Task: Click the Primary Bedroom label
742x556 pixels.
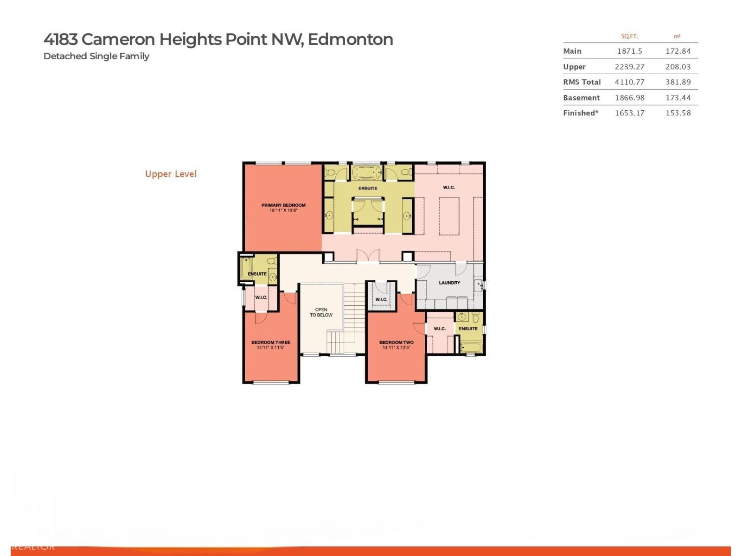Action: [283, 205]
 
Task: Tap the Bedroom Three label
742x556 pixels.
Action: [271, 342]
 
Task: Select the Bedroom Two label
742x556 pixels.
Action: [396, 342]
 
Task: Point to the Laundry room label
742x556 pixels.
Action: [449, 283]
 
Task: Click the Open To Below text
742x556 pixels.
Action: [321, 312]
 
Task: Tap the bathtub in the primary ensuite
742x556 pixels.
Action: [367, 173]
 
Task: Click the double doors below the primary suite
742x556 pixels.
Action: [368, 256]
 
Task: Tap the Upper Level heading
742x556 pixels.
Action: [171, 174]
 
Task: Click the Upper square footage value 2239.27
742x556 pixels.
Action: [629, 67]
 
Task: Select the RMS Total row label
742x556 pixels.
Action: [582, 82]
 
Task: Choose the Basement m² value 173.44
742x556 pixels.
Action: [678, 98]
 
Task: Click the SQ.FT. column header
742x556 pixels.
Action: [629, 36]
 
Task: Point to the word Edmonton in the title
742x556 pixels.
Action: [350, 39]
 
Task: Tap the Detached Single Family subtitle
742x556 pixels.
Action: [96, 56]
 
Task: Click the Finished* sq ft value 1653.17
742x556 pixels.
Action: [629, 113]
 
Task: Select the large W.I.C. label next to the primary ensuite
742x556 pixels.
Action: [449, 187]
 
